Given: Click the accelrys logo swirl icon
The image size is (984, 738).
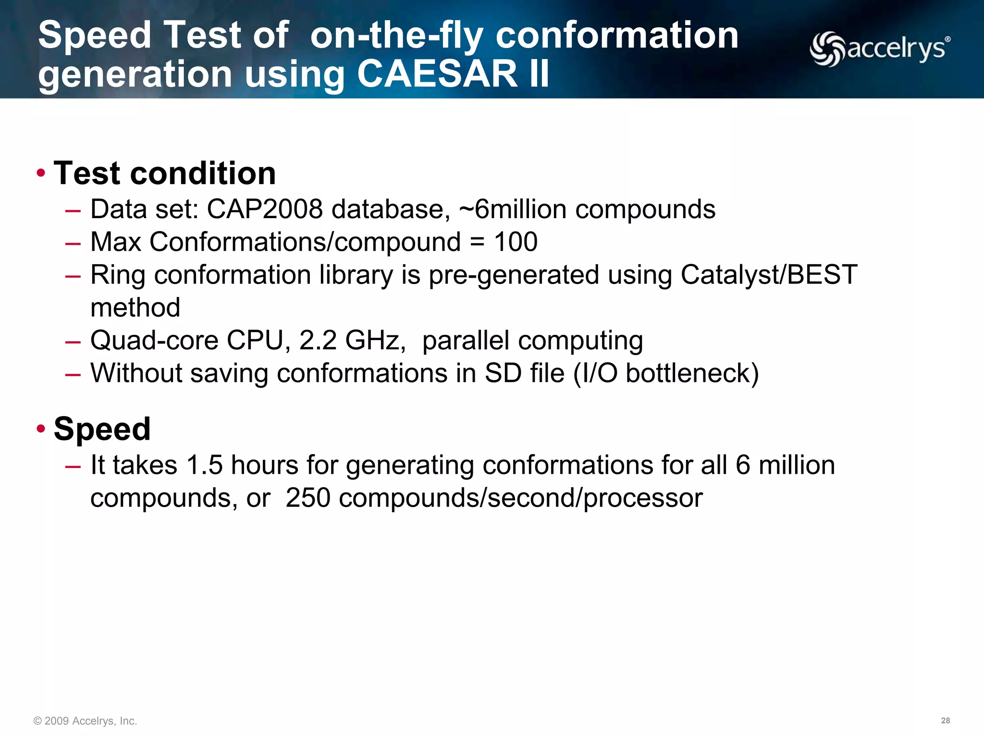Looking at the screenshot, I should [x=827, y=49].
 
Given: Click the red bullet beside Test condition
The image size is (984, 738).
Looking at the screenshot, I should [x=41, y=173].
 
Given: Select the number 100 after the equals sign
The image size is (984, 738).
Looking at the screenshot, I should [x=515, y=242].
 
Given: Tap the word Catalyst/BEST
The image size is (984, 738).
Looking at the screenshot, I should [x=769, y=275].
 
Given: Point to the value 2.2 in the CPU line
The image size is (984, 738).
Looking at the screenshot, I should [x=318, y=340].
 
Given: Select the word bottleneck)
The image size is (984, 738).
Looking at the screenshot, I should [x=692, y=373].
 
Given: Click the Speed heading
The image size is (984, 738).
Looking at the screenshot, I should [x=102, y=429].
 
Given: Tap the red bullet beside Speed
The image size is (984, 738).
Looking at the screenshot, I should [x=41, y=429].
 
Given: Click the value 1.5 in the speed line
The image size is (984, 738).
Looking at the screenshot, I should [x=204, y=465].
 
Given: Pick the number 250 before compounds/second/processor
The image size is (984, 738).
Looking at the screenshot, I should [x=307, y=498].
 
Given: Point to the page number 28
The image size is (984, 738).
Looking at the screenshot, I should [x=945, y=721].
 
